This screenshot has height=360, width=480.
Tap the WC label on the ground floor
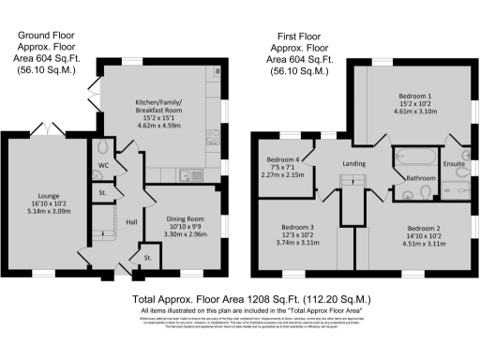[103, 169]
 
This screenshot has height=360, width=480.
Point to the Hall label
[131, 221]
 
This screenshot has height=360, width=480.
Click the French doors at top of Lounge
[45, 128]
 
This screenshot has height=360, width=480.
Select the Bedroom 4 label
[284, 159]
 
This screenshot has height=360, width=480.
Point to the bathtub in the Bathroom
[413, 156]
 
